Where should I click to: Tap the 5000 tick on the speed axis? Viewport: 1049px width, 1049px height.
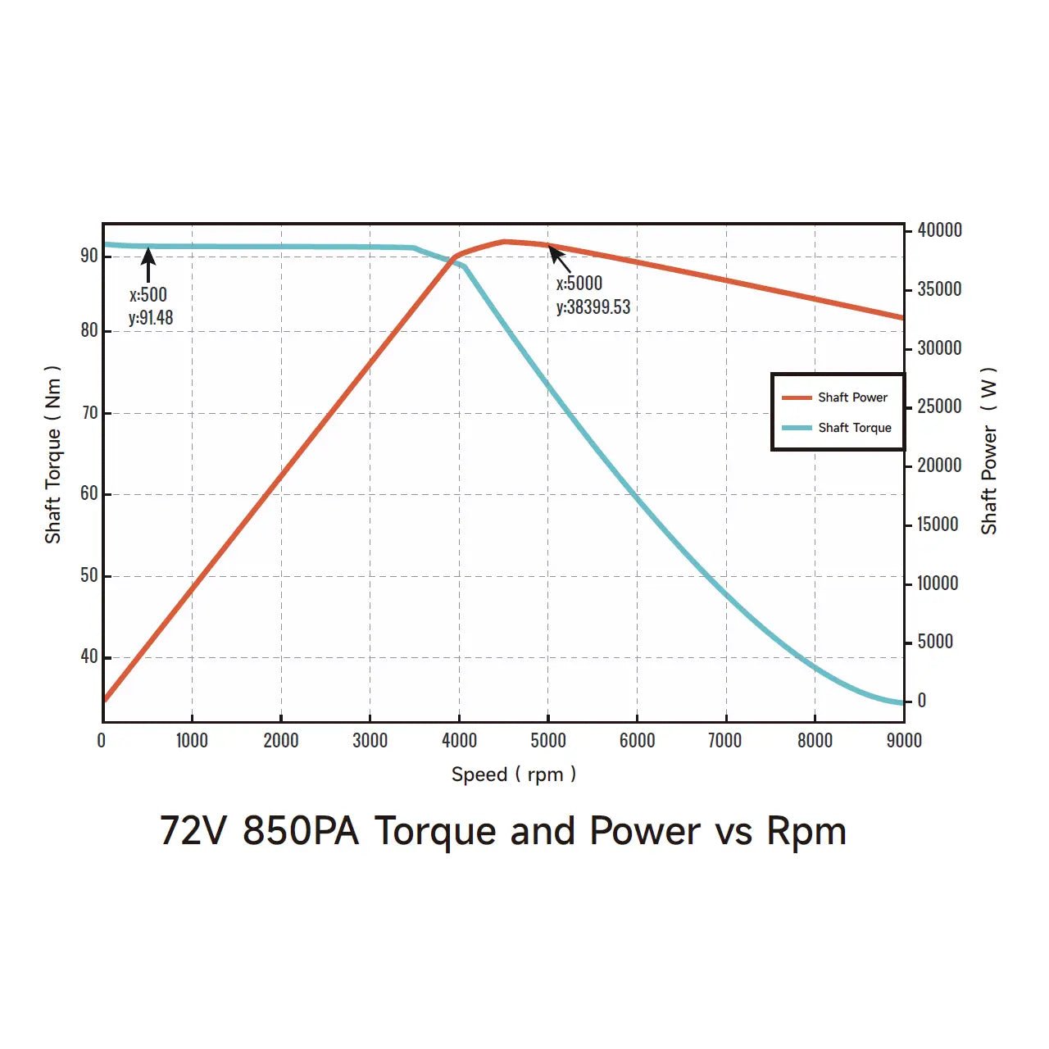[x=547, y=741]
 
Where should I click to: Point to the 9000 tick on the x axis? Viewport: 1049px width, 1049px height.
[x=903, y=741]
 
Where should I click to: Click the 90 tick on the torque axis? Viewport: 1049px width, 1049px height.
[x=89, y=256]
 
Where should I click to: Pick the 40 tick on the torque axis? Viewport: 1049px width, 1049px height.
[x=89, y=656]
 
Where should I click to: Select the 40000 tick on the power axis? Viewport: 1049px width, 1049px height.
[x=939, y=230]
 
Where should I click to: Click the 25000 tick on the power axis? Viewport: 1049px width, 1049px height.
[x=939, y=406]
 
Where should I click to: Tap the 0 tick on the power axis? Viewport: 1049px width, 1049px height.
[x=922, y=701]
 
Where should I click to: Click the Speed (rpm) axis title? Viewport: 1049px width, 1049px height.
[x=513, y=774]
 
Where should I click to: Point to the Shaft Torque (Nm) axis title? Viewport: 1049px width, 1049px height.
[x=53, y=454]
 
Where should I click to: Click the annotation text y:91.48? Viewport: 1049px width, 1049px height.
[x=151, y=318]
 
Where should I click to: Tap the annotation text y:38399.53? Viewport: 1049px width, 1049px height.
[x=593, y=307]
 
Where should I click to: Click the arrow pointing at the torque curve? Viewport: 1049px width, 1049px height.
[x=148, y=265]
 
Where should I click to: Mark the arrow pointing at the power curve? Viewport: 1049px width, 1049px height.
[x=560, y=259]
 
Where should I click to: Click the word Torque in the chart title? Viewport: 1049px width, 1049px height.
[x=437, y=831]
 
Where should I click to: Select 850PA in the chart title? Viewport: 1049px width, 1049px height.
[x=301, y=831]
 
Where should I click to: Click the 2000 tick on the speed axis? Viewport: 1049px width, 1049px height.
[x=280, y=741]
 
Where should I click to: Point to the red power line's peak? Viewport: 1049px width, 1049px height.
[x=505, y=242]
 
